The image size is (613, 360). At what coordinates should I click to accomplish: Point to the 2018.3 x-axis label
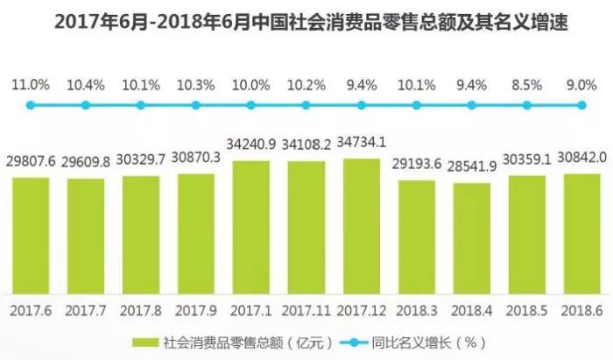417,310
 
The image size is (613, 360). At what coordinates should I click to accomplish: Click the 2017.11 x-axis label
306,310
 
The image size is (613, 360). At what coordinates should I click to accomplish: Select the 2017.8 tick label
141,310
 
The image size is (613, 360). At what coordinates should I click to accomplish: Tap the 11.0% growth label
31,85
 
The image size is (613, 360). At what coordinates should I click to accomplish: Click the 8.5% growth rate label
527,85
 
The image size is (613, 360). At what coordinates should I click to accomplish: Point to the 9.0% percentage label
581,85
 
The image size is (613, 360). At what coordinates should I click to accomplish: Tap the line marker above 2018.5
527,105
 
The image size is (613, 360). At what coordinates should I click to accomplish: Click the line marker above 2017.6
31,105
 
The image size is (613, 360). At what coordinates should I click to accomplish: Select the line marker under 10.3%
196,105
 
